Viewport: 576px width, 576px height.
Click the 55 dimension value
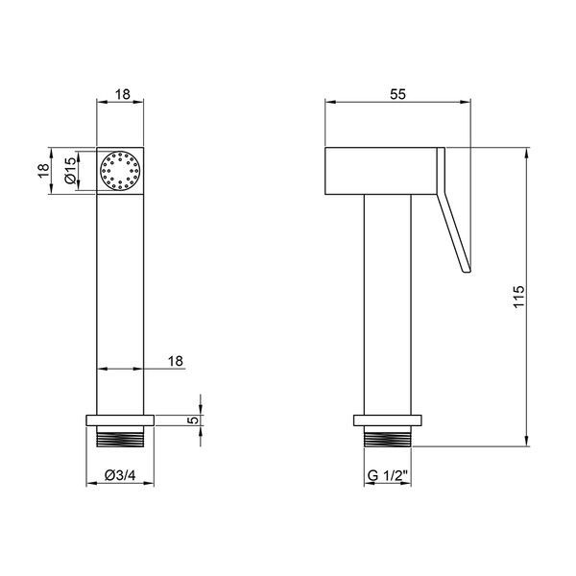pos(397,94)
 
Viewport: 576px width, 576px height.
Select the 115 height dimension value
pos(519,297)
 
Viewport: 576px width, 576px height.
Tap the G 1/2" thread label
pos(388,475)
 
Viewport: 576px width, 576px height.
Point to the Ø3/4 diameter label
pos(120,475)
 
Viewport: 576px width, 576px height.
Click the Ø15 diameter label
pos(70,170)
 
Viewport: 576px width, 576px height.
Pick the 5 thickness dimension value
pos(194,420)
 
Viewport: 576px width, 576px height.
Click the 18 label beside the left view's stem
pos(176,361)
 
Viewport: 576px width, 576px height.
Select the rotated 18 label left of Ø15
pos(43,170)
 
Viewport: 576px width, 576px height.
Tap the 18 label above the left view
pos(123,94)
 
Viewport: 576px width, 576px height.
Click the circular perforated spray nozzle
pos(120,171)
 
